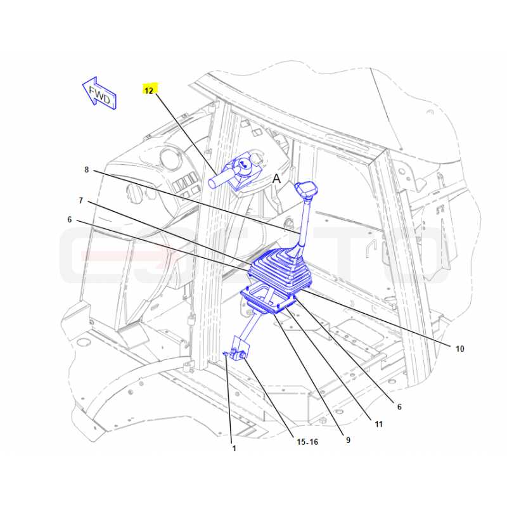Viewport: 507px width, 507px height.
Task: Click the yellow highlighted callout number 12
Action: [x=149, y=90]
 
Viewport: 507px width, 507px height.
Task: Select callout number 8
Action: [x=86, y=170]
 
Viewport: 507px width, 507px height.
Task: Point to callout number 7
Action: [x=81, y=200]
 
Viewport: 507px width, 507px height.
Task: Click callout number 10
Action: [x=459, y=349]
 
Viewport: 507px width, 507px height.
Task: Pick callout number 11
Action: [x=378, y=424]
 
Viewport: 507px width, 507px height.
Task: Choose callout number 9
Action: [x=348, y=440]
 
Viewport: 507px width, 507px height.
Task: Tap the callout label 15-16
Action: [x=307, y=442]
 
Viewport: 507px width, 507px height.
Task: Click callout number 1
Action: [x=234, y=449]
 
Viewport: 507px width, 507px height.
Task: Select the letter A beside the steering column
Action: [x=276, y=179]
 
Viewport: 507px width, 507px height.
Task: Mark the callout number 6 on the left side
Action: [x=70, y=220]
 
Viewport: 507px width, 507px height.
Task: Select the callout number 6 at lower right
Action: [x=399, y=407]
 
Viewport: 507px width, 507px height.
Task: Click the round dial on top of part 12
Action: [x=243, y=163]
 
